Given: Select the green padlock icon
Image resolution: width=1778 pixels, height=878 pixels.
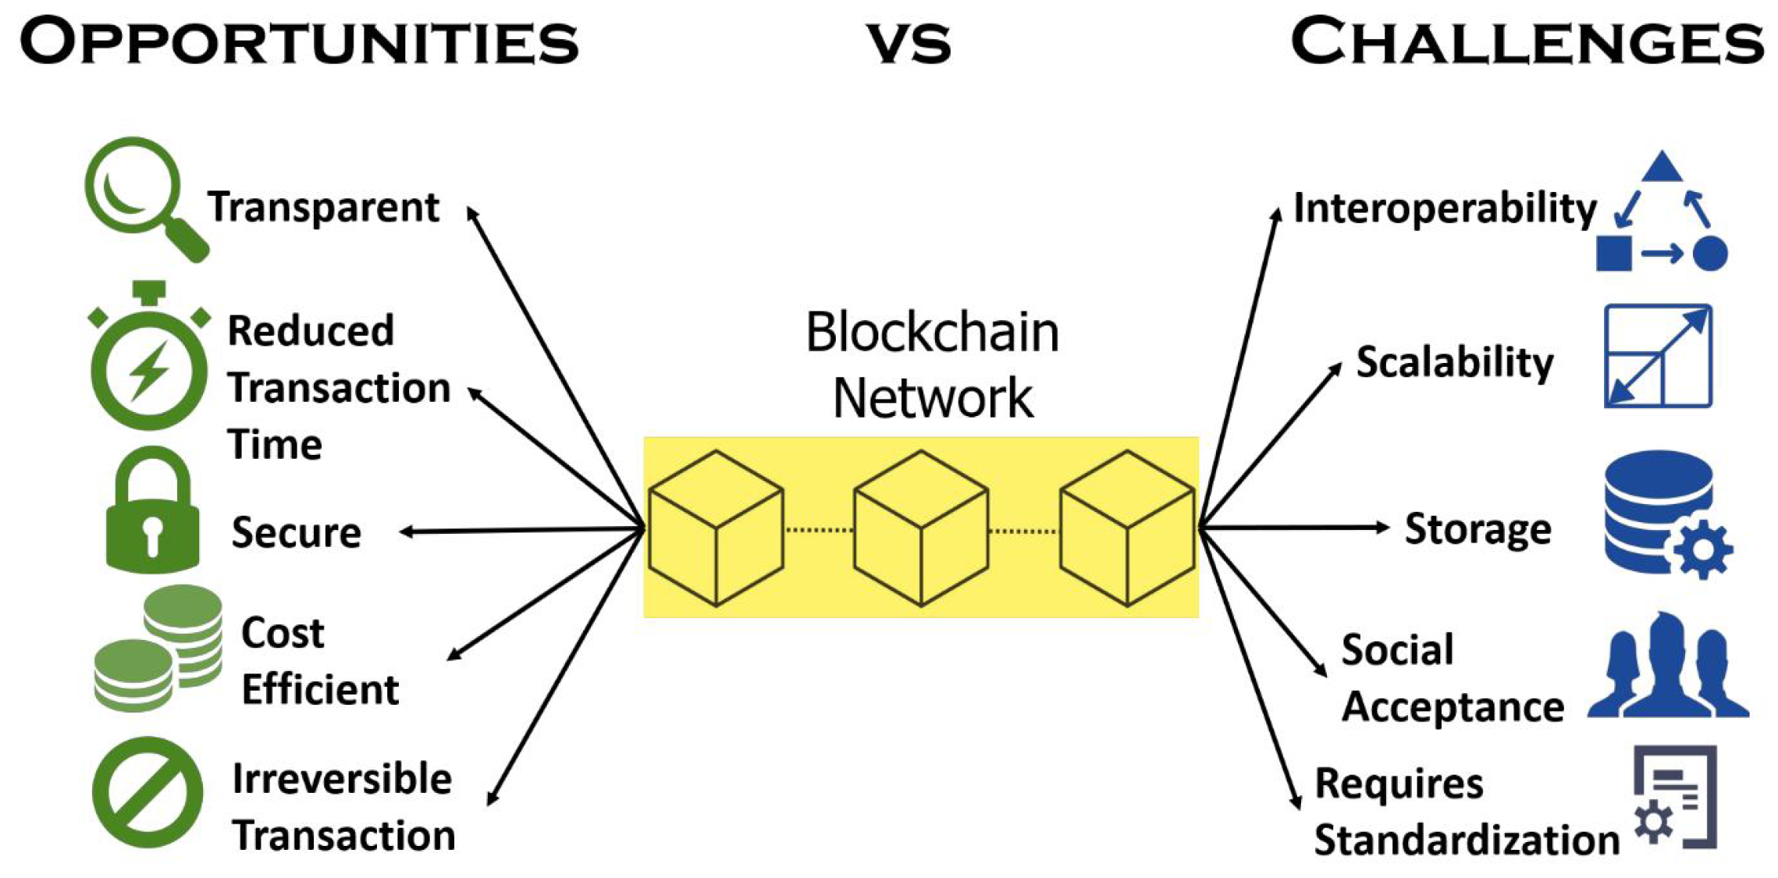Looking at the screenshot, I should coord(152,515).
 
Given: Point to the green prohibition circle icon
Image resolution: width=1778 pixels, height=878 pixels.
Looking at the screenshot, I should coord(148,791).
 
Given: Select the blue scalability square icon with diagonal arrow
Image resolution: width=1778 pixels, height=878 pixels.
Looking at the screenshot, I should coord(1658,357).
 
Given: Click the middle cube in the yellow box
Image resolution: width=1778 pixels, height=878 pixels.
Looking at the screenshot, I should coord(921,528).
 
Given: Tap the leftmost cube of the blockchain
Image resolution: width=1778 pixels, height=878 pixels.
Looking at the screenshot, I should coord(716,528).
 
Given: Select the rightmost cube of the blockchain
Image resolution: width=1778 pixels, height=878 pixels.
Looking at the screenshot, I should coord(1127,528).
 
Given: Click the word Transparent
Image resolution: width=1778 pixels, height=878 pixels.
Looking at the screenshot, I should coord(323,208).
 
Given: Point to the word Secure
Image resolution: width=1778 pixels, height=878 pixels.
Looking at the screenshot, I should coord(296,533).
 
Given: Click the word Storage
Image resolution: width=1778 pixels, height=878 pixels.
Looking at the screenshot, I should coord(1478,529).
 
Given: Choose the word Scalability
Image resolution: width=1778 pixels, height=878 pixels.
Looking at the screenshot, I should coord(1454,363).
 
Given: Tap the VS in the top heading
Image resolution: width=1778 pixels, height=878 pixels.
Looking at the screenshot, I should coord(909,44).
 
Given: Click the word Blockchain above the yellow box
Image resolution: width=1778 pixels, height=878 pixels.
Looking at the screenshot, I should coord(932,333).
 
